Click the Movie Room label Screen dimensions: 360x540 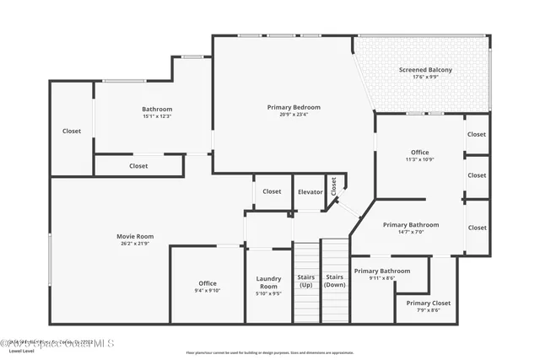coord(135,236)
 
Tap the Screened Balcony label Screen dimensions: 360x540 coord(425,70)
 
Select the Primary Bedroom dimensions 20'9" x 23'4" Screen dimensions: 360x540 coord(294,116)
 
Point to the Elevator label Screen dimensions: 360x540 coord(310,191)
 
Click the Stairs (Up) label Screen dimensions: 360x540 coord(305,281)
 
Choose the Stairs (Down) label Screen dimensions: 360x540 coord(334,281)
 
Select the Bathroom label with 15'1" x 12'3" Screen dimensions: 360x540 coord(157,109)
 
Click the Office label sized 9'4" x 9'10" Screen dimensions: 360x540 coord(208,283)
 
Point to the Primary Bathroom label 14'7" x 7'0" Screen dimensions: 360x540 coord(411,225)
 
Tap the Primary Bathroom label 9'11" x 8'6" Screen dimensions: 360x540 coord(382,271)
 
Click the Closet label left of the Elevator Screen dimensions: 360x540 coord(272,191)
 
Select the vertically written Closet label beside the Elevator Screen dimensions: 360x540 coord(333,187)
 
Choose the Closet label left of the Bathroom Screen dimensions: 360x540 coord(72,131)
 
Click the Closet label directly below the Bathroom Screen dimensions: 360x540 coord(138,166)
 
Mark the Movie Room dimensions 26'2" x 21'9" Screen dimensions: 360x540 coord(135,244)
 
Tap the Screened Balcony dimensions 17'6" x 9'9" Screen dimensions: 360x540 coord(425,78)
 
